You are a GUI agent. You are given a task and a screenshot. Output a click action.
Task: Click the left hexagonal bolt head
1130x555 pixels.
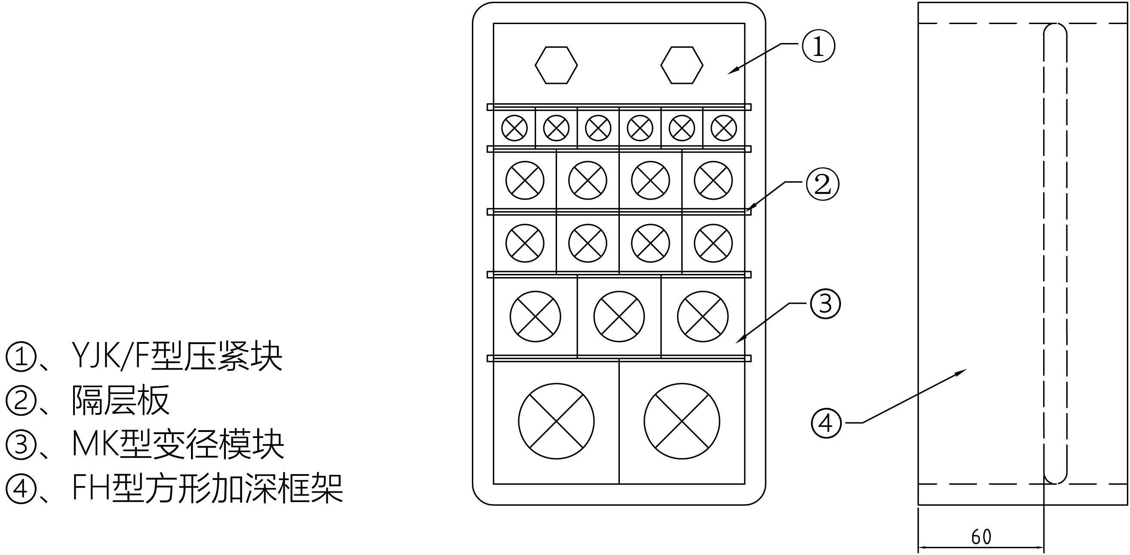pos(556,65)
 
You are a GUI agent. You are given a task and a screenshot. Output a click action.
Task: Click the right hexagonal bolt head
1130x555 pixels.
pos(682,65)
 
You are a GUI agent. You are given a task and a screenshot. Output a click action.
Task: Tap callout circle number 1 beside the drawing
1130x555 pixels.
pos(818,46)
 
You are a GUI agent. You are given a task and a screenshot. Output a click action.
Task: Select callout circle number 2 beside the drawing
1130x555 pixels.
pos(822,185)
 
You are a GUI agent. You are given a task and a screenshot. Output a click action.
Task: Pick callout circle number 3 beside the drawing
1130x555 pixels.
pos(825,303)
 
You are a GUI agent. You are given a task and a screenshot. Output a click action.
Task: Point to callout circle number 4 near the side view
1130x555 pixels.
pos(826,423)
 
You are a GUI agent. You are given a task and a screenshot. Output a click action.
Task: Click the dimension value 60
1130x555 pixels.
pos(981,537)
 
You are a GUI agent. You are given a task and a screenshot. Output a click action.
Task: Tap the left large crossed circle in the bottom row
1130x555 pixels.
pos(556,421)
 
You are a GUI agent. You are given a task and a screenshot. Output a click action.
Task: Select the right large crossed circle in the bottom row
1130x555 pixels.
pos(682,421)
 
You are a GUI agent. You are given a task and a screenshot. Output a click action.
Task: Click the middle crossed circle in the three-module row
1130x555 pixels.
pos(619,316)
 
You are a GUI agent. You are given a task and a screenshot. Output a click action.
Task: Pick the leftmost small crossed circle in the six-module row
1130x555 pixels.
pos(514,128)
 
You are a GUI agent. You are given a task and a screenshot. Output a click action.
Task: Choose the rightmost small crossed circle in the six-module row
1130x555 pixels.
pos(724,128)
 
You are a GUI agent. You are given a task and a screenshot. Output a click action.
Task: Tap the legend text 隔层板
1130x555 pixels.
pos(120,400)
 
